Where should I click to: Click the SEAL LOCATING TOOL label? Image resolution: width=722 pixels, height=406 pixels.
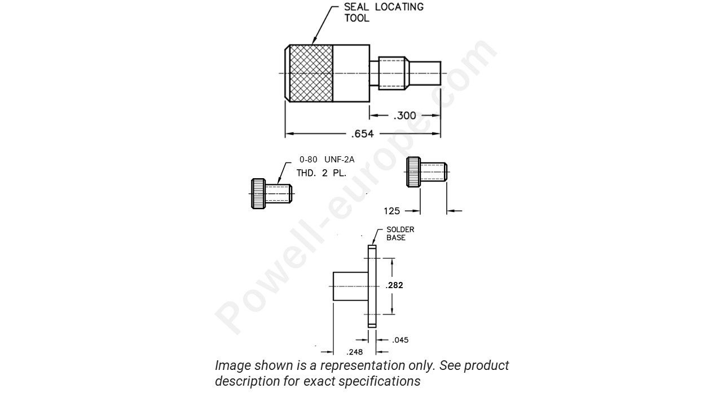[384, 12]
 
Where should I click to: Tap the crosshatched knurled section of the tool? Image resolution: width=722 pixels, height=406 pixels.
[311, 73]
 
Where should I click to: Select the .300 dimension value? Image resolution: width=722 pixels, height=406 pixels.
[404, 116]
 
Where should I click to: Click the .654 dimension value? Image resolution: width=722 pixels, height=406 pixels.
[363, 134]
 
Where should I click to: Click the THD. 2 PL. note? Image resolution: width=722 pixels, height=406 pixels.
[322, 173]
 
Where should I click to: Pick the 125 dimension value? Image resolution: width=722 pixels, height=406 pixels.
[392, 211]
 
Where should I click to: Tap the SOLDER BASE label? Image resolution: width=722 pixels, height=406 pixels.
[400, 233]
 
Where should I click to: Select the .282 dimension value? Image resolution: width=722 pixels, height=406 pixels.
[394, 285]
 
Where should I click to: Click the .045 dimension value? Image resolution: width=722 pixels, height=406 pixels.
[400, 339]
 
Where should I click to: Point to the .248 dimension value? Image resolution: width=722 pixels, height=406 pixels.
[355, 352]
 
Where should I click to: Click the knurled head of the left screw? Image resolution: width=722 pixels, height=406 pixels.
[258, 193]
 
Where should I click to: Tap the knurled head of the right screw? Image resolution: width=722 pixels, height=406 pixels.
[413, 172]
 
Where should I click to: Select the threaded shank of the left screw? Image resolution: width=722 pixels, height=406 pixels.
[278, 193]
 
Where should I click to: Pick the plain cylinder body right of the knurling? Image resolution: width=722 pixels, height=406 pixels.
[351, 73]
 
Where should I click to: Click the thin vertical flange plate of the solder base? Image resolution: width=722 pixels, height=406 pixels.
[372, 286]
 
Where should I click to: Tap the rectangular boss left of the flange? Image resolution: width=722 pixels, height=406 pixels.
[350, 286]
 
